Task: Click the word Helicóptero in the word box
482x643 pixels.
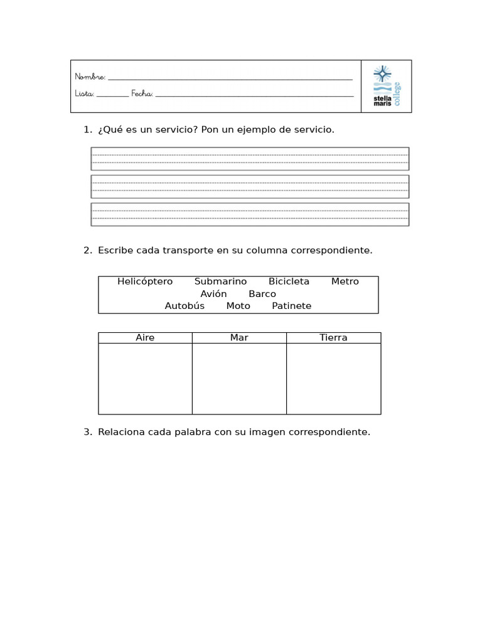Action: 145,281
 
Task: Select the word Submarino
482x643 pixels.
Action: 220,281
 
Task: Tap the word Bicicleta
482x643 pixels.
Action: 289,281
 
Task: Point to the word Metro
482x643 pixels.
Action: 345,281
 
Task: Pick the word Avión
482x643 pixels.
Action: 213,294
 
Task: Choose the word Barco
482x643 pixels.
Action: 262,294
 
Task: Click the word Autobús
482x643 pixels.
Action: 185,306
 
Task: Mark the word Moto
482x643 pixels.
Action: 238,306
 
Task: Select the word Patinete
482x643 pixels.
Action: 292,306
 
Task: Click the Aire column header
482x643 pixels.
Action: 145,338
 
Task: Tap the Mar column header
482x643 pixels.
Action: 239,338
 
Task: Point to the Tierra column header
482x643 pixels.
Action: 333,338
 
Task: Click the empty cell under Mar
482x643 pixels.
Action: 239,379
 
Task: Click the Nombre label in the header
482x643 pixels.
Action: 90,77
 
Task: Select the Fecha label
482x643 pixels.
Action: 142,94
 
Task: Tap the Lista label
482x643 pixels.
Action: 85,94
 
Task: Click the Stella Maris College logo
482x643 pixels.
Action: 386,86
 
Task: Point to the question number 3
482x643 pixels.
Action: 87,432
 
